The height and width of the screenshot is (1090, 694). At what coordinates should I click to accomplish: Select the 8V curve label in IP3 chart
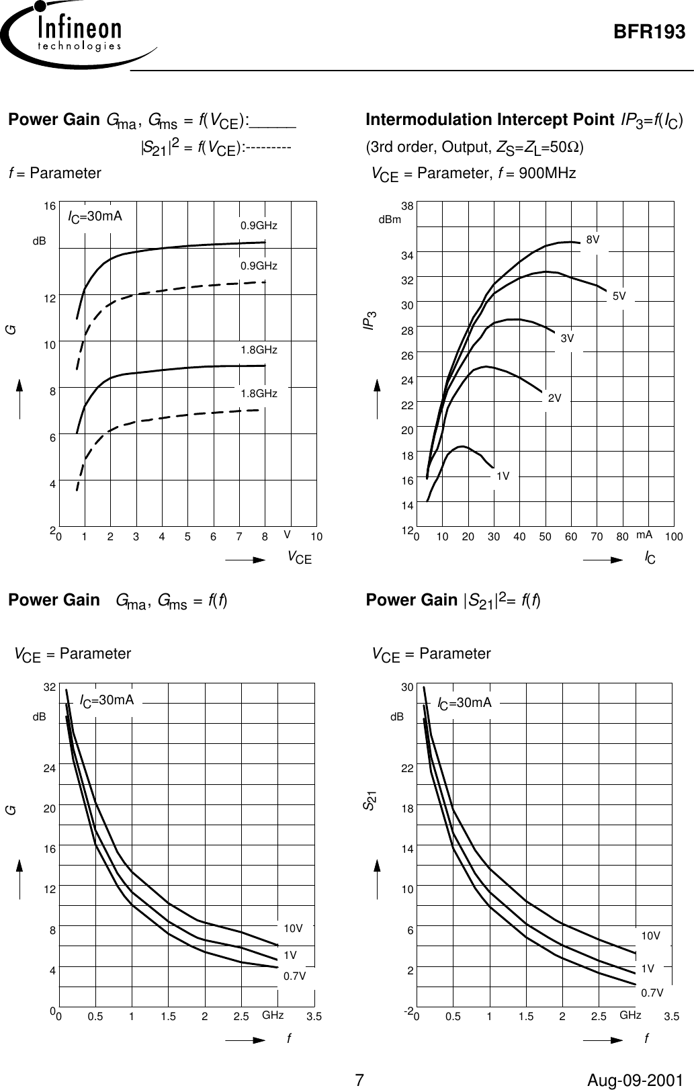pos(593,239)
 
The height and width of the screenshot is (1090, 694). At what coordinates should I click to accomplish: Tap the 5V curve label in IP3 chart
pos(619,296)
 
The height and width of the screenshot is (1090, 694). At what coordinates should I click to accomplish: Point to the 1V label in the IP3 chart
pos(503,476)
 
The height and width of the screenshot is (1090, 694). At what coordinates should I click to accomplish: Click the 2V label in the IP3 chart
pos(554,399)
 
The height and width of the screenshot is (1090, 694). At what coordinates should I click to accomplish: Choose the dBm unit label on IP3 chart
pos(390,219)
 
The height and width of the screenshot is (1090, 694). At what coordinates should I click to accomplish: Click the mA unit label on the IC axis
pos(644,534)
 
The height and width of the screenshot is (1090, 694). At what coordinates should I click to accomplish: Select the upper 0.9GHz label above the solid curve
pos(259,225)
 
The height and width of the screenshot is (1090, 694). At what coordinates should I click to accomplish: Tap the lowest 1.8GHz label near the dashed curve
pos(259,393)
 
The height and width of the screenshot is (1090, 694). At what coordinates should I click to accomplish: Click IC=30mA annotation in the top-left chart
pos(95,216)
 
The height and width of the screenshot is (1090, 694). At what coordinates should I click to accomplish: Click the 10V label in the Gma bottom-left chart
pos(293,928)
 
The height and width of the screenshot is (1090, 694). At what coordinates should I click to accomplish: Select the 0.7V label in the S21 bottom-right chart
pos(652,992)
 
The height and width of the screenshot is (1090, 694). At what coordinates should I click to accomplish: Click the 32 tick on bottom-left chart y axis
pos(49,687)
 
